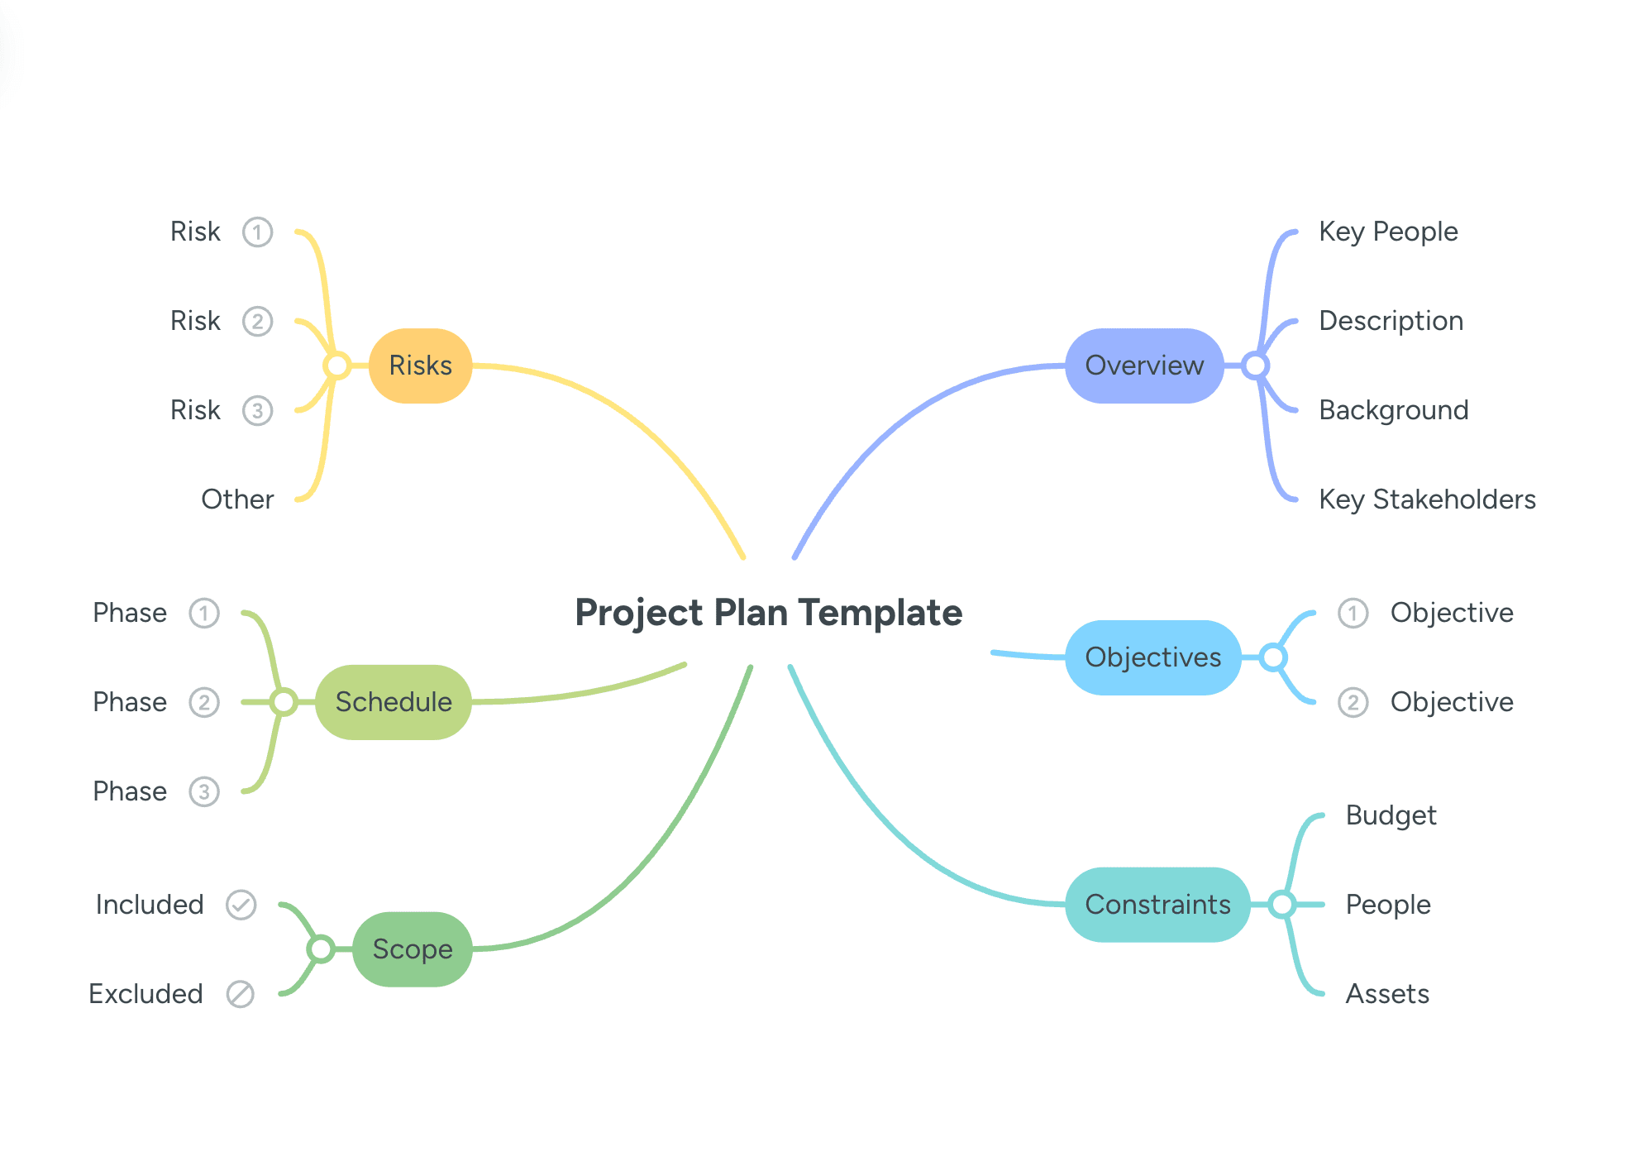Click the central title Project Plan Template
(x=768, y=613)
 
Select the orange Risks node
(x=420, y=366)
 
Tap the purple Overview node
(x=1143, y=366)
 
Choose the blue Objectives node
(x=1152, y=657)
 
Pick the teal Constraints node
(x=1157, y=905)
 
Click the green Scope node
(x=412, y=949)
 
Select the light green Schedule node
(x=393, y=702)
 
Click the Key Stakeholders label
(x=1426, y=499)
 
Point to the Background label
(x=1393, y=410)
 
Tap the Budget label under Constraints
(x=1391, y=815)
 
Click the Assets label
(x=1386, y=994)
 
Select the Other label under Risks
(x=237, y=499)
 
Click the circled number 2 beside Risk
(x=257, y=321)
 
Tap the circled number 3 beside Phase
(x=204, y=791)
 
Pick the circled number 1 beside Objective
(x=1353, y=613)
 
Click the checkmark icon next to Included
(x=241, y=905)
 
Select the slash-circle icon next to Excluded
(x=241, y=994)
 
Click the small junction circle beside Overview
(x=1255, y=366)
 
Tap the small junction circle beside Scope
(x=321, y=949)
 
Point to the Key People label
(x=1387, y=232)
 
